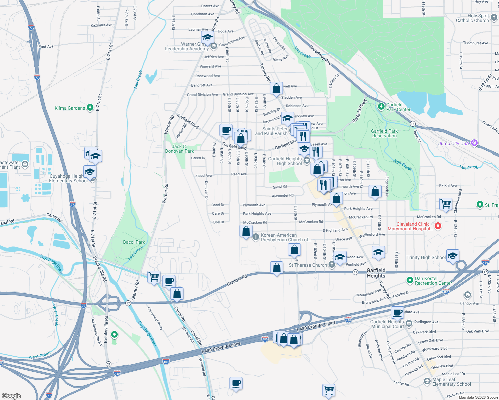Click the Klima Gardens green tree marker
(90, 108)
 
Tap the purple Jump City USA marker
(474, 143)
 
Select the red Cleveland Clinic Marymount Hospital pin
(438, 226)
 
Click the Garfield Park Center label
(398, 107)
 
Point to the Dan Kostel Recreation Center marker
(410, 281)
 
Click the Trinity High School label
(426, 257)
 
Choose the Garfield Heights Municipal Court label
(387, 324)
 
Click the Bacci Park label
(134, 242)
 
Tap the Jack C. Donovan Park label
(179, 149)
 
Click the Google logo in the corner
(11, 396)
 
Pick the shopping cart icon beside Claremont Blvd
(446, 203)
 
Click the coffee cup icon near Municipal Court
(397, 312)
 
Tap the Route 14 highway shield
(413, 123)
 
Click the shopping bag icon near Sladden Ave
(276, 89)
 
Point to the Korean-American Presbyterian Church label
(286, 237)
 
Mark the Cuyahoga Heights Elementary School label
(68, 178)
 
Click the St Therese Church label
(308, 265)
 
